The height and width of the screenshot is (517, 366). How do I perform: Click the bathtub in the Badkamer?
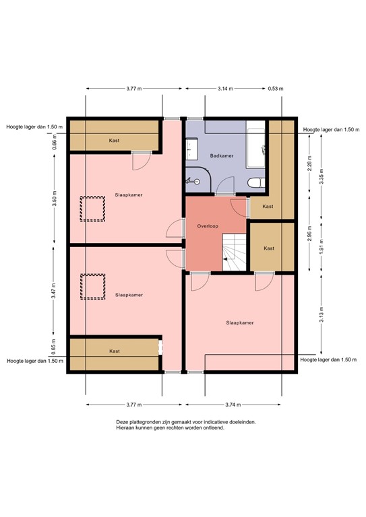click(257, 146)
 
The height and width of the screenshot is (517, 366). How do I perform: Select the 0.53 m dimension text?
click(275, 88)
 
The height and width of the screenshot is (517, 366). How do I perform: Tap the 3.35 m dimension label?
click(322, 178)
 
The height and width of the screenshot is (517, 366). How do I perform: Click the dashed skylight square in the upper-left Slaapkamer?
click(92, 209)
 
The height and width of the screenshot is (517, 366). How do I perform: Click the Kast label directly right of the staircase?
click(269, 248)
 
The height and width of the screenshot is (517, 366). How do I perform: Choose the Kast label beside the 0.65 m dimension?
click(115, 351)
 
